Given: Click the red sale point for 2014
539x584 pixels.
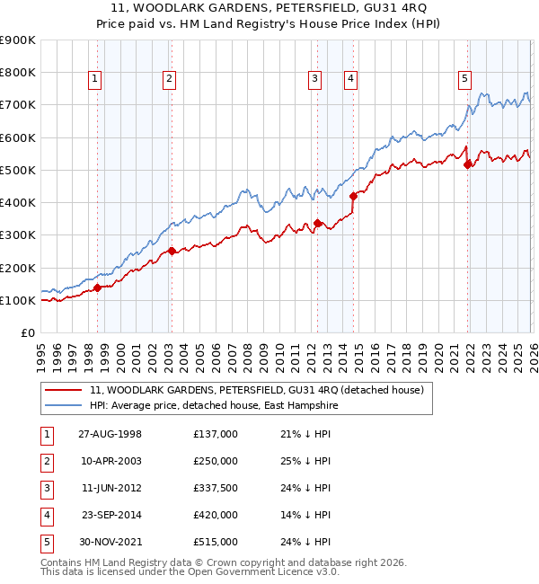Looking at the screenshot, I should point(353,194).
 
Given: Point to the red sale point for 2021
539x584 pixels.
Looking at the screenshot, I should point(467,164).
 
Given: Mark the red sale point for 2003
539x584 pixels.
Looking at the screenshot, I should point(172,252).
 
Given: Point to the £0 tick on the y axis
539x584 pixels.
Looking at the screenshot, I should point(28,332).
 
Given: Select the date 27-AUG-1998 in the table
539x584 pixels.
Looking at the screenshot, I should point(109,434).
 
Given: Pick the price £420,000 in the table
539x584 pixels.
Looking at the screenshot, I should point(215,515).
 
